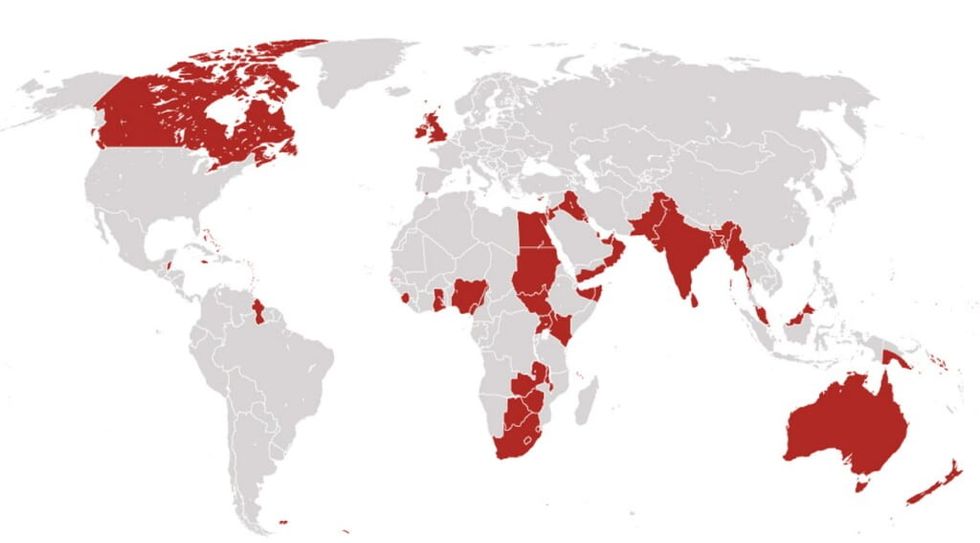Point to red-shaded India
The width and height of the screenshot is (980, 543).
point(680,245)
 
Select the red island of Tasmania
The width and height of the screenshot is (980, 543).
point(855,484)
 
